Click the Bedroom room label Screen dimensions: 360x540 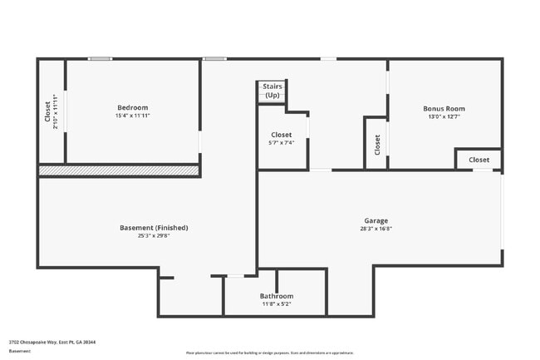coord(132,107)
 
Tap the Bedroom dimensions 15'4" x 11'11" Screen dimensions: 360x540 coord(132,116)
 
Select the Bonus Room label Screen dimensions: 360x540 coord(444,108)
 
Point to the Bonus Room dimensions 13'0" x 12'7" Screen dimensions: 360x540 coord(444,116)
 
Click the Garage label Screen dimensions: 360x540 coord(376,220)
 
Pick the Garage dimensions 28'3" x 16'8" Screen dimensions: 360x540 coord(376,229)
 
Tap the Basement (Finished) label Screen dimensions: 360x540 coord(154,227)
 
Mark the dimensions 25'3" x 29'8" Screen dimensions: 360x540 coord(154,235)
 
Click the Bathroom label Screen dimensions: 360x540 coord(276,296)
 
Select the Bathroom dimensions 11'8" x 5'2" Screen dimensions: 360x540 coord(276,303)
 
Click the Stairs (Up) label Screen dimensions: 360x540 coord(272,90)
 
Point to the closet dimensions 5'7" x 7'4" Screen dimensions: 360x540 coord(281,143)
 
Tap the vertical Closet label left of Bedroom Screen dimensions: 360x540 coord(47,112)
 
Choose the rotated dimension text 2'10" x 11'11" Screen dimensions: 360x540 coord(54,112)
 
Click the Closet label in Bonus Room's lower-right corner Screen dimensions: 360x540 coord(479,160)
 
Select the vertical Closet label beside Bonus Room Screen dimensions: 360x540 coord(377,145)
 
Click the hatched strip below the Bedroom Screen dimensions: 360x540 coord(119,170)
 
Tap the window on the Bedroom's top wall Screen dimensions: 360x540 coord(101,58)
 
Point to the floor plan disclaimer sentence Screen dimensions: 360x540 coord(269,353)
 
